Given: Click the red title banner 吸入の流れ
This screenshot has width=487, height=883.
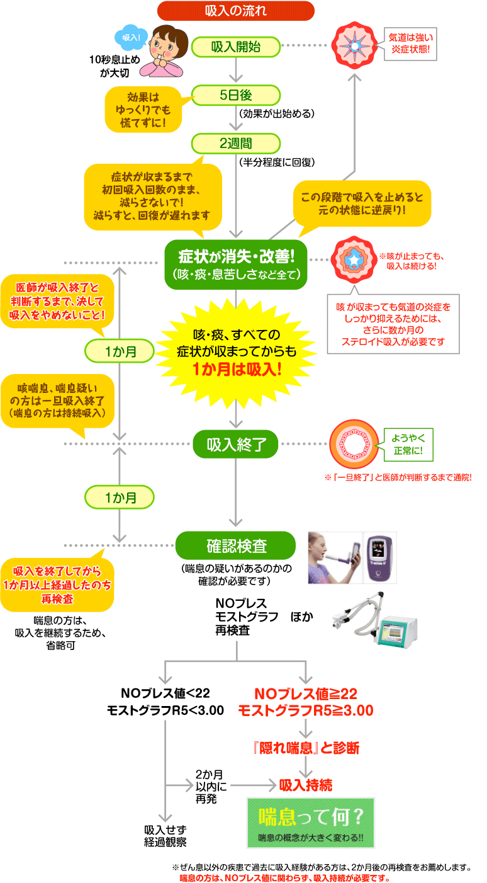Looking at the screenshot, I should point(235,11).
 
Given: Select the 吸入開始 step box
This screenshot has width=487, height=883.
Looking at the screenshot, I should point(235,46).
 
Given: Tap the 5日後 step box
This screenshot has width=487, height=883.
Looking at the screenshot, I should point(235,95).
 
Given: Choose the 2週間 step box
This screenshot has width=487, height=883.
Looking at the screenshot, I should point(235,143).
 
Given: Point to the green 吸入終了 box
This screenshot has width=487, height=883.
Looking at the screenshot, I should point(235,445).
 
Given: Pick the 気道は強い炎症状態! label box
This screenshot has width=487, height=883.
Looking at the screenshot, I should point(411,42).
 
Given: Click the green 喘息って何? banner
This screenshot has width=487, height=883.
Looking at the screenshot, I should point(311,822).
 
